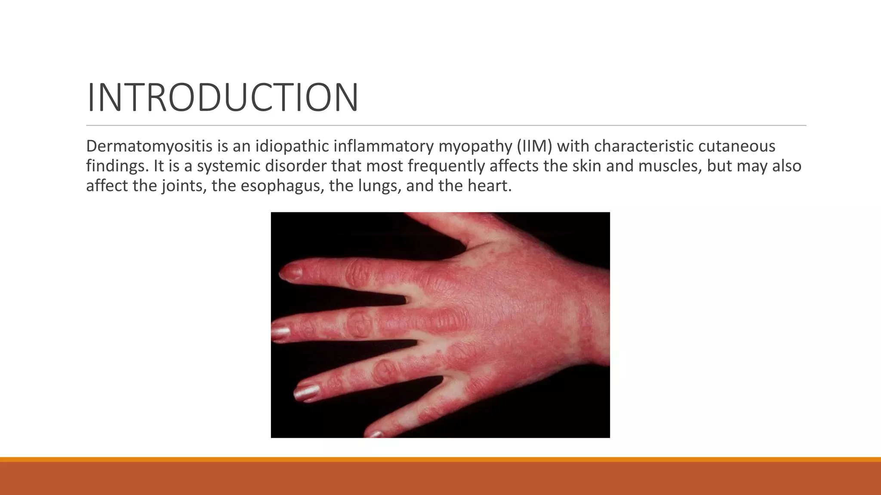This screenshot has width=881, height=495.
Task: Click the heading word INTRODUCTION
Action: coord(222,98)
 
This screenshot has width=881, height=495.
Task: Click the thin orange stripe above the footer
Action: coord(440,459)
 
